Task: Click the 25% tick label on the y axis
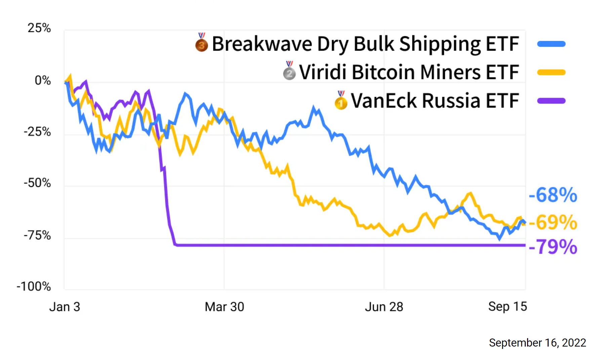(x=39, y=28)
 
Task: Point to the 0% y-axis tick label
(x=43, y=81)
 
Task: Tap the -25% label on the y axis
(x=37, y=132)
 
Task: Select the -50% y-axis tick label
(x=37, y=183)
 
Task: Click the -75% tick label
(x=37, y=235)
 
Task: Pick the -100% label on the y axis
(x=34, y=286)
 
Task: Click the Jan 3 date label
(x=65, y=307)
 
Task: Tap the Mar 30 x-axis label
(x=224, y=307)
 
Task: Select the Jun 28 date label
(x=384, y=307)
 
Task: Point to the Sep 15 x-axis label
(x=508, y=307)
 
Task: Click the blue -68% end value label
(x=553, y=195)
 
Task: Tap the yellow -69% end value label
(x=553, y=223)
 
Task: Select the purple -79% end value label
(x=553, y=247)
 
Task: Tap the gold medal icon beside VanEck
(x=341, y=101)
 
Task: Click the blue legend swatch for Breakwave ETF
(x=551, y=44)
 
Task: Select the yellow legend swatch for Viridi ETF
(x=551, y=72)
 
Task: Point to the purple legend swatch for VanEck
(x=551, y=101)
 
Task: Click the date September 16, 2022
(x=537, y=343)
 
